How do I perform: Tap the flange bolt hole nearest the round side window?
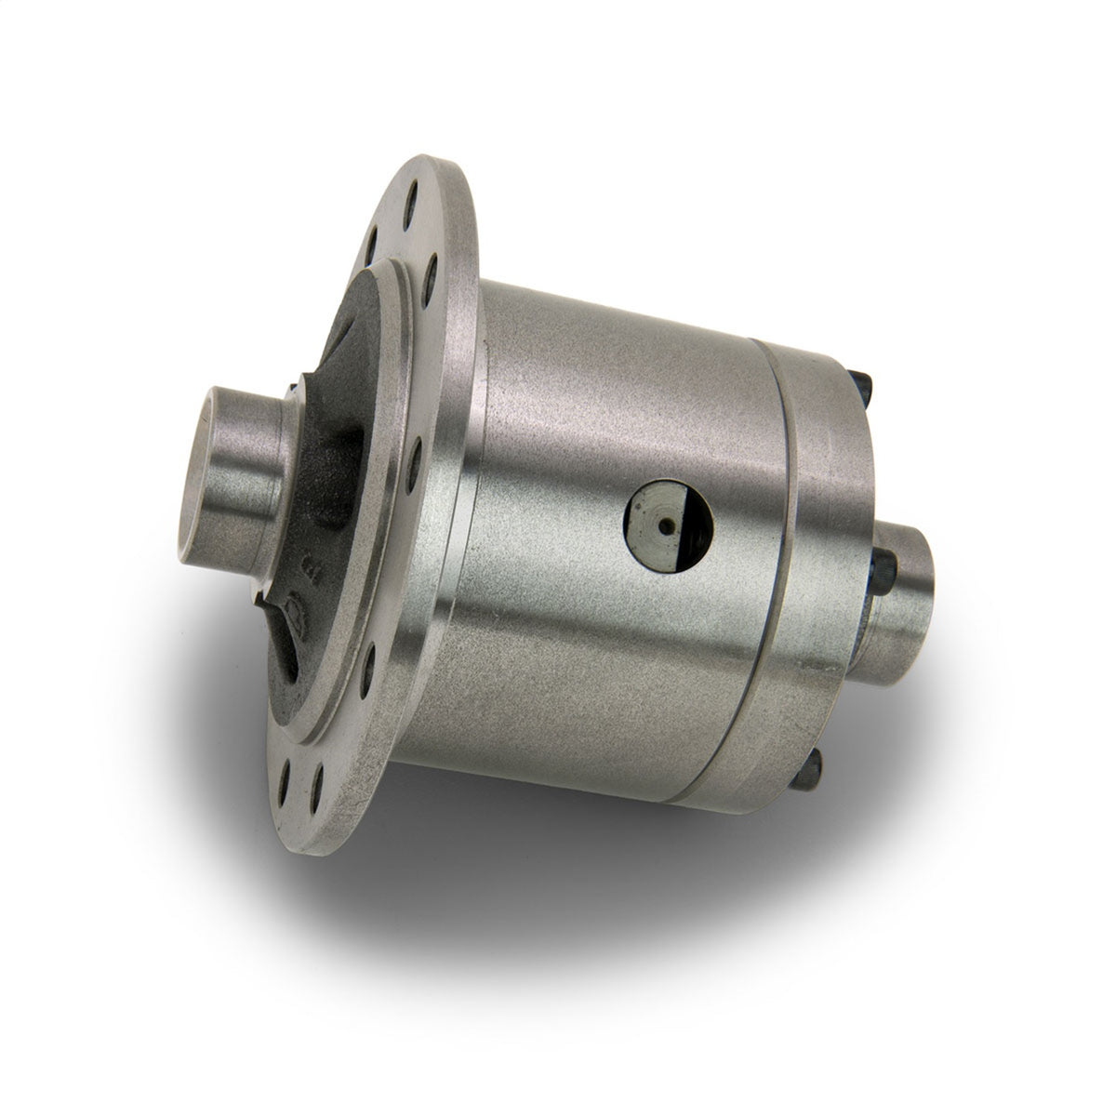point(415,456)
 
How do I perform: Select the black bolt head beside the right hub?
point(885,567)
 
